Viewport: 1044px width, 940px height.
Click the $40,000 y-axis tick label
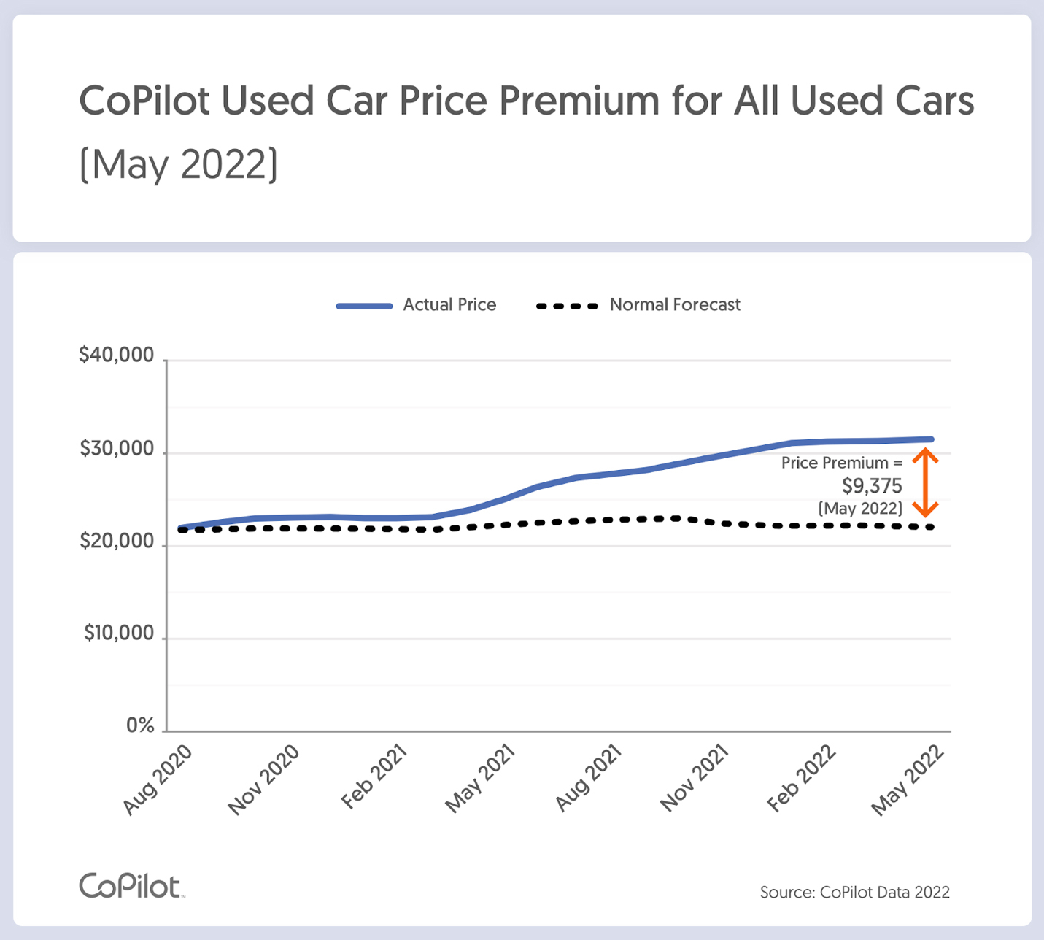tap(117, 355)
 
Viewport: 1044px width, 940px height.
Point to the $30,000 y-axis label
tap(117, 448)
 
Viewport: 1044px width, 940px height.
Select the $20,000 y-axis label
tap(117, 541)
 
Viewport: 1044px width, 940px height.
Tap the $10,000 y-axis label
tap(119, 633)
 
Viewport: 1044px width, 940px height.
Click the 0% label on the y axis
tap(140, 725)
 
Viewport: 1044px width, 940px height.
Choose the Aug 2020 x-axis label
tap(158, 779)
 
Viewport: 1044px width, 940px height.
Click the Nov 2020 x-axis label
tap(264, 779)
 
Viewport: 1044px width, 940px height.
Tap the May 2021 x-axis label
tap(480, 779)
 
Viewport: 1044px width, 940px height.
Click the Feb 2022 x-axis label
tap(801, 779)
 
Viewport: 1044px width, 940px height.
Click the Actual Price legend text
tap(449, 305)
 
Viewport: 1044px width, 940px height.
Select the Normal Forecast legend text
tap(675, 305)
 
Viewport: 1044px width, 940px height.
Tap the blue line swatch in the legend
tap(364, 306)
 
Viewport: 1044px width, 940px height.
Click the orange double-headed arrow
tap(925, 482)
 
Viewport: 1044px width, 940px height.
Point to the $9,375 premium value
tap(872, 486)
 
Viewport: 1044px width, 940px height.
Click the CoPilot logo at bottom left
tap(131, 886)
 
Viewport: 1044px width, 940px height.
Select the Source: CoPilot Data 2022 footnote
tap(854, 892)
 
